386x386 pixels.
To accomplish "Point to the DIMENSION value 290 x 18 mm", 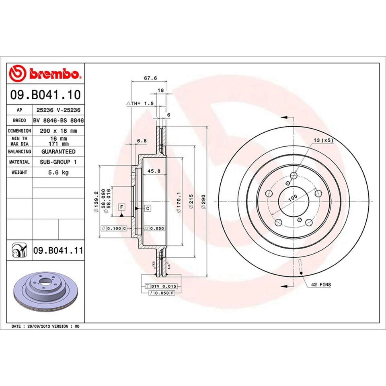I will tap(58, 131).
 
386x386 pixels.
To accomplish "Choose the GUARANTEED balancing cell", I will tap(58, 152).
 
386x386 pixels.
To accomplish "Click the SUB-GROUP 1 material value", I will tap(58, 162).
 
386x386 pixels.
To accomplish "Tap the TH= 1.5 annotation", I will tap(141, 103).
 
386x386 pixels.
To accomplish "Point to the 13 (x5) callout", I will tap(322, 140).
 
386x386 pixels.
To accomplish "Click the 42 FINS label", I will tap(320, 285).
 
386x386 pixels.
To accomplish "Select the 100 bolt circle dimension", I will tap(292, 197).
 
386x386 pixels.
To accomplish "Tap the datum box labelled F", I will tap(121, 207).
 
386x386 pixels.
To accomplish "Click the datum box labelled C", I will tap(148, 208).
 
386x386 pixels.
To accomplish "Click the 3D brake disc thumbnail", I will tap(45, 292).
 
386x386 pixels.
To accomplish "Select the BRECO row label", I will tap(19, 120).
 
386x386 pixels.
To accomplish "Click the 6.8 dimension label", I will tap(141, 140).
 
